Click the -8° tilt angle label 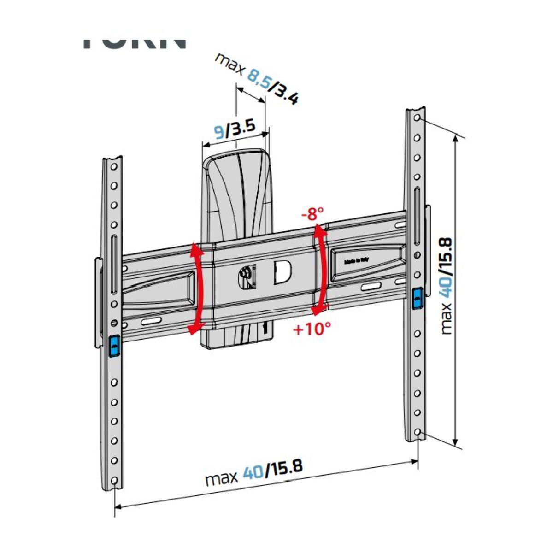313,214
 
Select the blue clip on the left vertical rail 113,346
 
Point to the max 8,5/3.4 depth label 258,78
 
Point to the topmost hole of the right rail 417,118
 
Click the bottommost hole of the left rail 114,481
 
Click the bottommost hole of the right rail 417,433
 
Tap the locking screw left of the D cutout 246,275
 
